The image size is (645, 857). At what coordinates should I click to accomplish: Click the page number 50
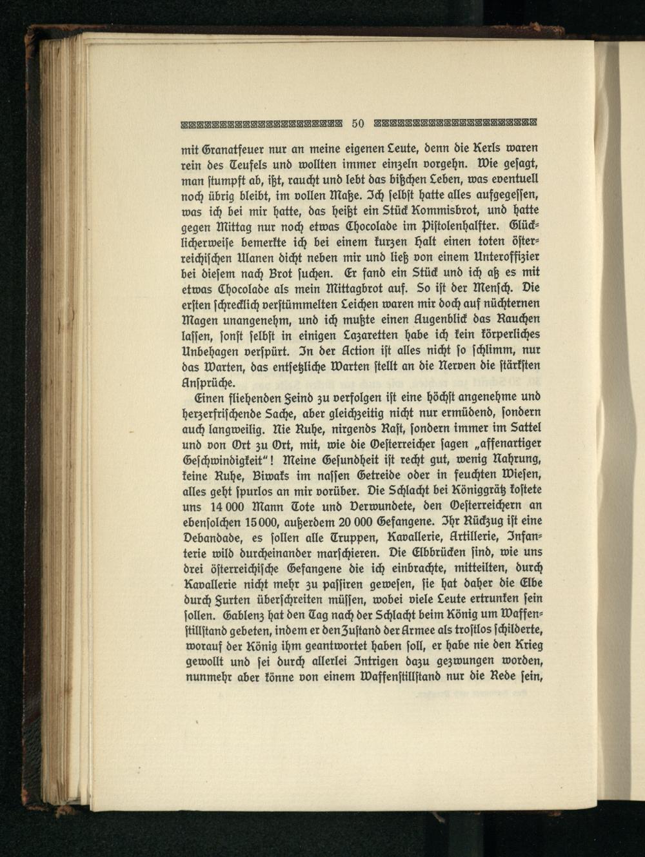359,123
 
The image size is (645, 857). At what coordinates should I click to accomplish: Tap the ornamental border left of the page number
260,123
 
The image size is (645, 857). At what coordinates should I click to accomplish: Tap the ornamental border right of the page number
455,123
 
